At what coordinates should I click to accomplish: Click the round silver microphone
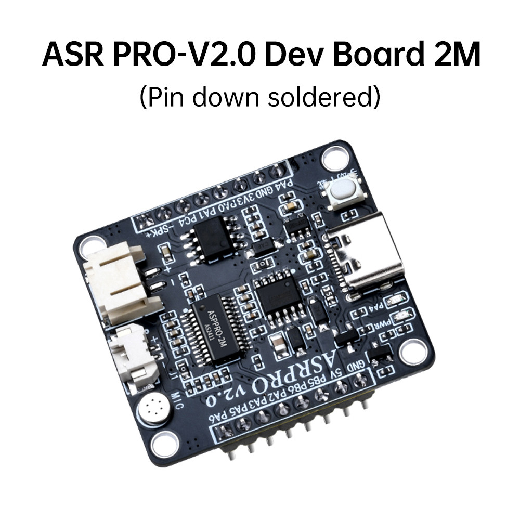(154, 405)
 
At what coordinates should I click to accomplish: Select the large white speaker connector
(118, 281)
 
